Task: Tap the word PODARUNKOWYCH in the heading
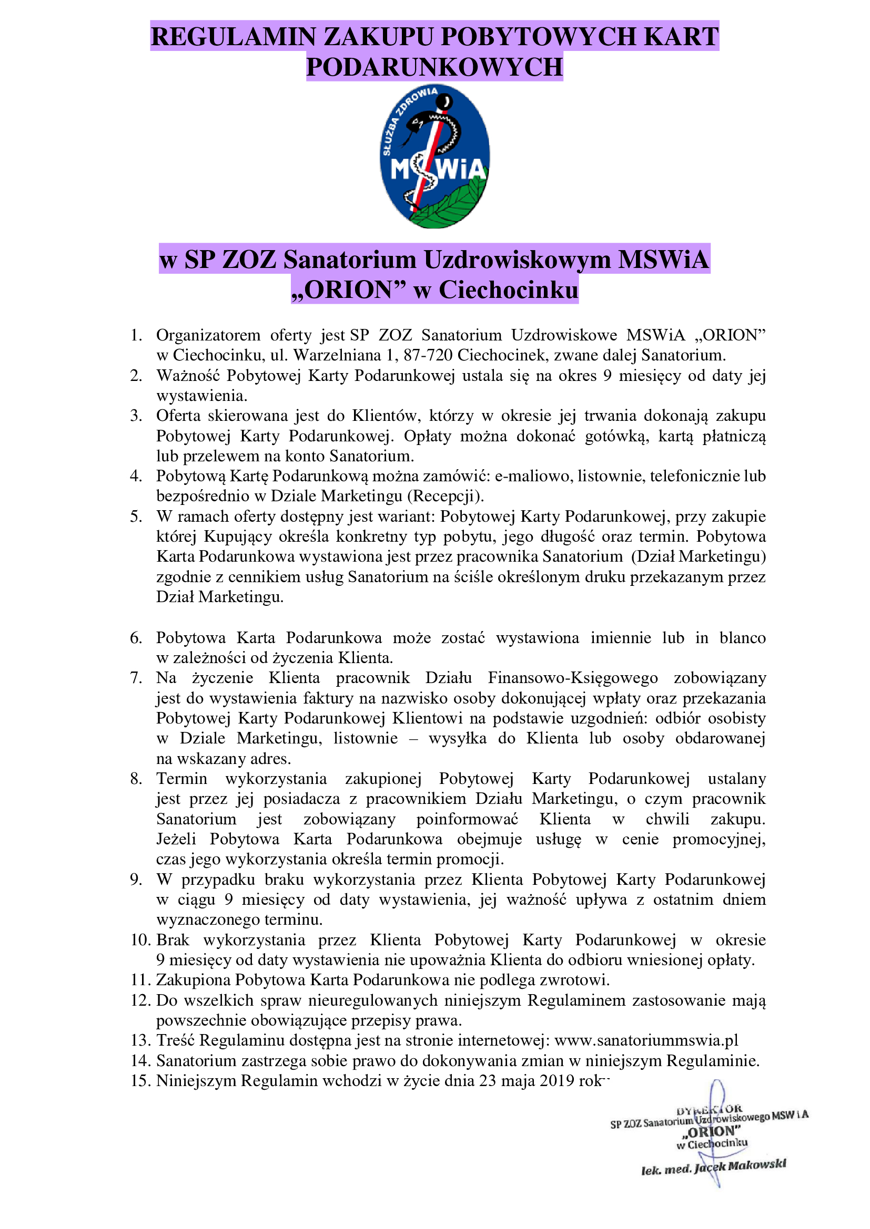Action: coord(434,67)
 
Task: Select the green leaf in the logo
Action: coord(450,206)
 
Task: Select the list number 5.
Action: coord(136,517)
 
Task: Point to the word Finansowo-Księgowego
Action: coord(573,678)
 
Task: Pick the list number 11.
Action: coord(140,980)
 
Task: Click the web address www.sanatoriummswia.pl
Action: coord(646,1040)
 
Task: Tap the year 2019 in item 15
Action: coord(557,1081)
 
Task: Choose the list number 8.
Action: coord(136,779)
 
